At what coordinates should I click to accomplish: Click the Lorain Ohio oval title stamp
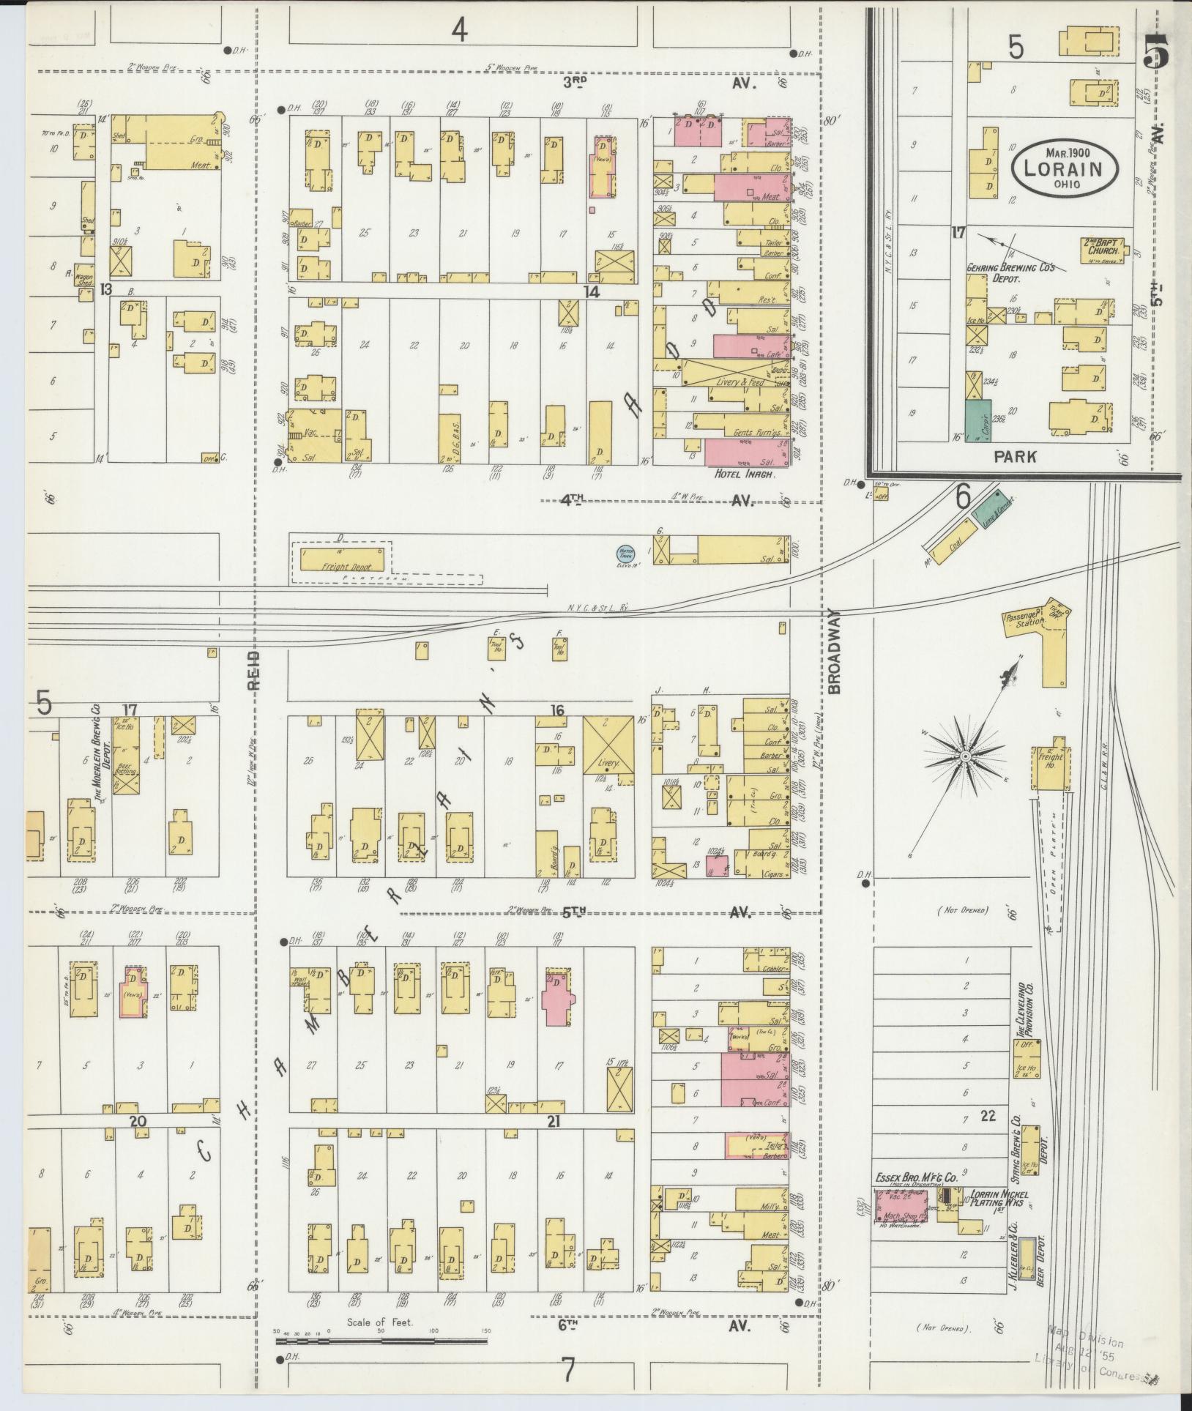coord(1065,168)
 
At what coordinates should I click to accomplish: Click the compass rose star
coord(965,756)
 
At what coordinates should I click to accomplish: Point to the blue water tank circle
coord(626,554)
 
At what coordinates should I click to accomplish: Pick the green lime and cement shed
coord(991,507)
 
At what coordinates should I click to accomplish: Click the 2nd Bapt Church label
coord(1109,246)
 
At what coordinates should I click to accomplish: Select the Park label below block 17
coord(1016,457)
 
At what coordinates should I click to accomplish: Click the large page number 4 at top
coord(459,31)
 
